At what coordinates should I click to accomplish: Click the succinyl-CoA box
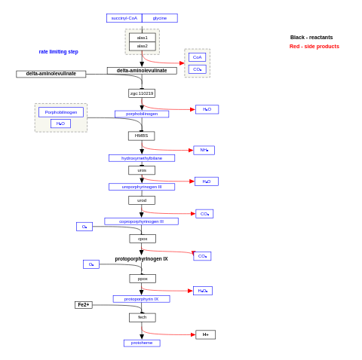click(124, 18)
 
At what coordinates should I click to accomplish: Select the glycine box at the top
click(160, 18)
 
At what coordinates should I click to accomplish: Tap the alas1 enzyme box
click(142, 38)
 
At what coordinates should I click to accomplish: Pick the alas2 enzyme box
click(142, 46)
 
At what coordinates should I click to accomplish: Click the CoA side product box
click(197, 57)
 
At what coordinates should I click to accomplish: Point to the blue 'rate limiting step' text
click(59, 52)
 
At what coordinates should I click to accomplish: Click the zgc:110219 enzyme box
click(142, 93)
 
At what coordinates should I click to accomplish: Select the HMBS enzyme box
click(141, 136)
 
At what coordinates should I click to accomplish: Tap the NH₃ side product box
click(204, 150)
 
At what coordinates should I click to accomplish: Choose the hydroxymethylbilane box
click(142, 158)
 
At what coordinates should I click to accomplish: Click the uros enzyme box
click(142, 170)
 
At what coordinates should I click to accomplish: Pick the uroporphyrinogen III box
click(142, 187)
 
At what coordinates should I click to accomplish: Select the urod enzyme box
click(142, 200)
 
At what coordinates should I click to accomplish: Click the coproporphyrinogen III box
click(141, 221)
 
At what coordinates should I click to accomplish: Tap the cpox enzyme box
click(143, 239)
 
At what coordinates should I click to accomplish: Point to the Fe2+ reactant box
click(84, 305)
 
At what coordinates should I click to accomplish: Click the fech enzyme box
click(142, 317)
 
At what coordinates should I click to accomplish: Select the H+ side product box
click(205, 334)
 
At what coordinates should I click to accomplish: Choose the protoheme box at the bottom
click(142, 343)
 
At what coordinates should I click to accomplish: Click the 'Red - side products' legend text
click(314, 47)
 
